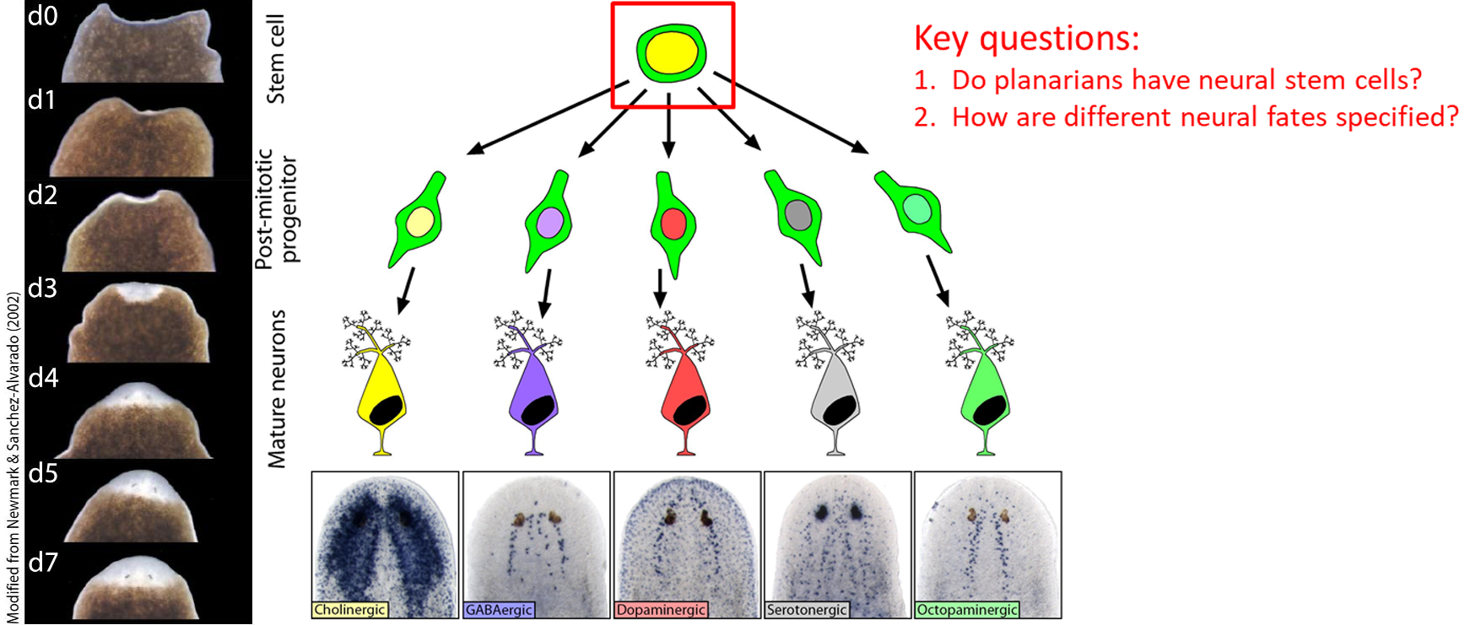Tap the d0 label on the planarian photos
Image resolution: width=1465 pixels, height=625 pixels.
[42, 15]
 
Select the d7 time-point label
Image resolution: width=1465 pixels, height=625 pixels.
[43, 562]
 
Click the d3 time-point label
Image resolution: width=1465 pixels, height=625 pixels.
[43, 288]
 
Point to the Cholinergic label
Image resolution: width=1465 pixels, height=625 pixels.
[349, 610]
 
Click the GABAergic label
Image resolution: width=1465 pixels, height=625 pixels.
[499, 610]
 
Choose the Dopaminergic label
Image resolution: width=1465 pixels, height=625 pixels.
[661, 610]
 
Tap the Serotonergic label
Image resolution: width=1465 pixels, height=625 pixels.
[807, 610]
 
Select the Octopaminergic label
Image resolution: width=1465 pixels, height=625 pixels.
[967, 610]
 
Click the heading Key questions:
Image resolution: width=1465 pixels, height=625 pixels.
[1026, 39]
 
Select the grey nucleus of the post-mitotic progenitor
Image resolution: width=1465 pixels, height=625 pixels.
[798, 214]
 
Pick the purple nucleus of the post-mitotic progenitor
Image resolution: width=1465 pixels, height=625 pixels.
[549, 224]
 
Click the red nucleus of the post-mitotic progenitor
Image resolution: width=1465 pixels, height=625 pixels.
[673, 224]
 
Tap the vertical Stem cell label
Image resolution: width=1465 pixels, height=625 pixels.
[275, 59]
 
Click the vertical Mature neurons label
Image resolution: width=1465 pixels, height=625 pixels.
[277, 389]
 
